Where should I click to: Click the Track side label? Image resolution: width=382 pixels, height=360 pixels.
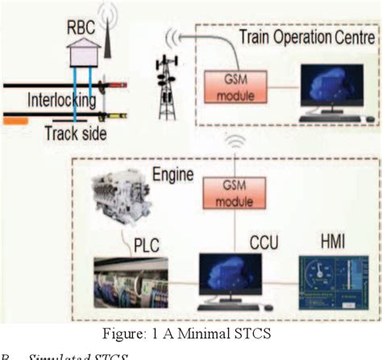click(x=77, y=134)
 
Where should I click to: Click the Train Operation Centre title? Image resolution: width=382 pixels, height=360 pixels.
click(x=306, y=38)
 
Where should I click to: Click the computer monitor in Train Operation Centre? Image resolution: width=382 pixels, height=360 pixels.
click(x=331, y=89)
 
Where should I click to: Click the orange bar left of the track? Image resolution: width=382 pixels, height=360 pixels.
click(x=15, y=121)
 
